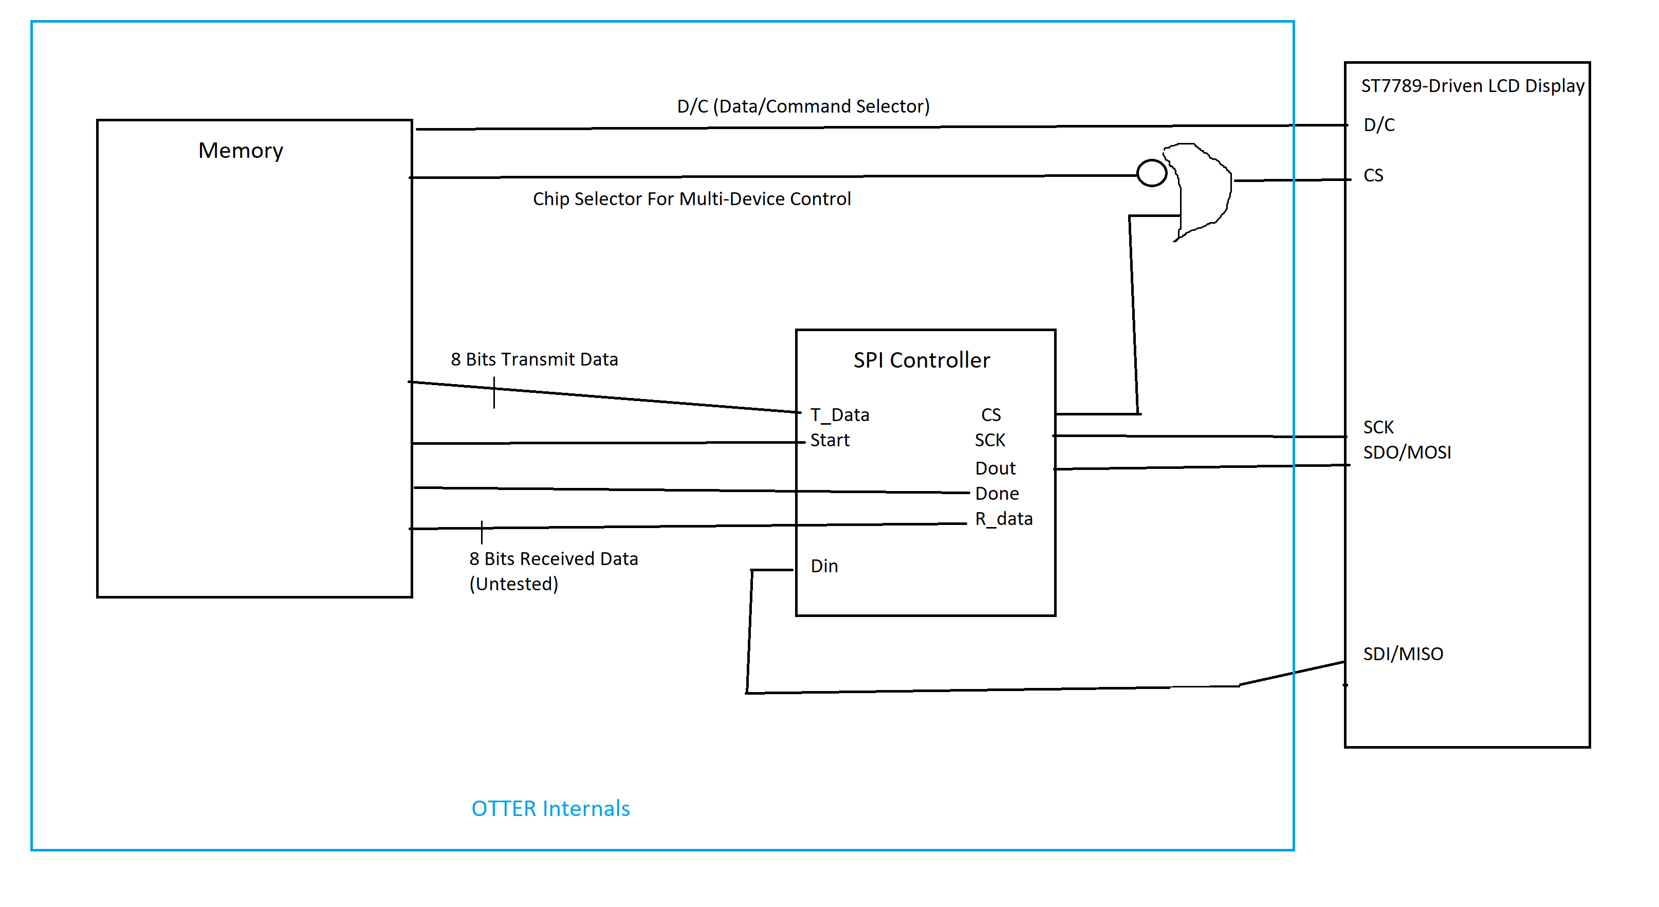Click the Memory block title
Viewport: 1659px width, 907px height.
point(240,150)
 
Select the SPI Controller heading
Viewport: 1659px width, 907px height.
point(921,360)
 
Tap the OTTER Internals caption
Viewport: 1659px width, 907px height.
point(550,808)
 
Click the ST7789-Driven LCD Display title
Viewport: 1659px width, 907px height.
point(1472,86)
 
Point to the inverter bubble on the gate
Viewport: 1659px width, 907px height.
point(1152,173)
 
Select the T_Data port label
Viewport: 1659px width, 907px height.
point(840,415)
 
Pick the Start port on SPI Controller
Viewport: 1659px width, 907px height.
point(830,440)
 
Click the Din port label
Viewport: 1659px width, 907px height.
point(824,566)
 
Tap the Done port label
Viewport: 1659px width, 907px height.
point(997,494)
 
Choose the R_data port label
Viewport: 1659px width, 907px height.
point(1003,519)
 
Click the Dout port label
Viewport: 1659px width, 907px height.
point(995,468)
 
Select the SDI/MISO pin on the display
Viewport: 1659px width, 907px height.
point(1403,654)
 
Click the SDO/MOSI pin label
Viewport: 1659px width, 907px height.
point(1407,452)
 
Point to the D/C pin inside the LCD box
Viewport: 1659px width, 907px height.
point(1379,125)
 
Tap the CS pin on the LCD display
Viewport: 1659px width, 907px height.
point(1373,175)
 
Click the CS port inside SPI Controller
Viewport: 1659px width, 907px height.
point(990,415)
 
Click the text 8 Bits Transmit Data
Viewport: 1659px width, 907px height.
point(534,359)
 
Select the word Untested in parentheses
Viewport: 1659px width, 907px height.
point(514,584)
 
